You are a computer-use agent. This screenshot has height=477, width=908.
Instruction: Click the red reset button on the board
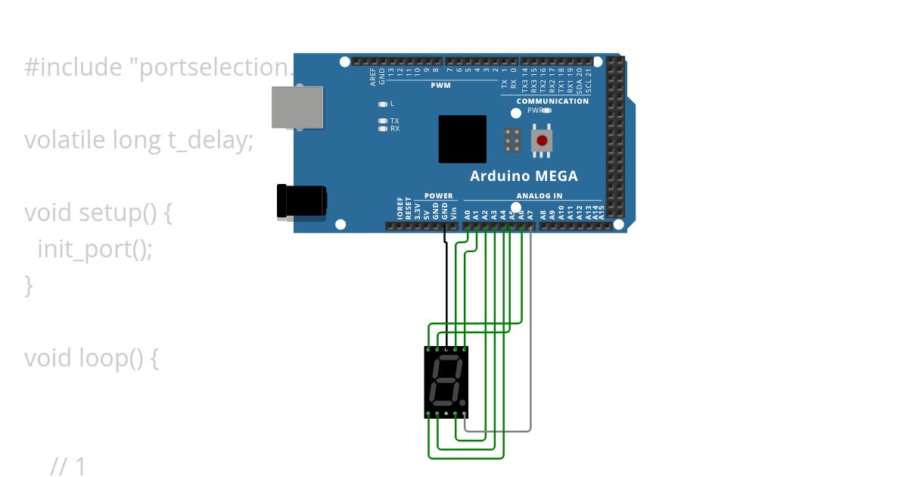(x=541, y=140)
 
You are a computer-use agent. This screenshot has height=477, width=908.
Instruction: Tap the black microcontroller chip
(x=462, y=139)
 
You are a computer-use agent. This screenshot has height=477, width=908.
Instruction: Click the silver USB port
(x=298, y=106)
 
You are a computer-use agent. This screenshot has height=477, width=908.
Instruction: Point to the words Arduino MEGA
(x=524, y=176)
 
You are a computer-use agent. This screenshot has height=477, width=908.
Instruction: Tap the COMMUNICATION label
(x=552, y=101)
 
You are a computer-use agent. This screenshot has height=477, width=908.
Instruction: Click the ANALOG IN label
(x=539, y=196)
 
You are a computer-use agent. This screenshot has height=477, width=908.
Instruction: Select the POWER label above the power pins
(x=438, y=196)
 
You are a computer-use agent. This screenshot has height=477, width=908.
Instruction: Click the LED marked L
(x=383, y=104)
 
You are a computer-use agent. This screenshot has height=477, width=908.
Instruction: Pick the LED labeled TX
(x=383, y=121)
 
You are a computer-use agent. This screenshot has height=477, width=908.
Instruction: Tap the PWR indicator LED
(x=547, y=110)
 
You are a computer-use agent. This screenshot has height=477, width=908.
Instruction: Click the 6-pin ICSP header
(x=512, y=140)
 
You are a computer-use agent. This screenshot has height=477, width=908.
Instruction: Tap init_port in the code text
(x=84, y=249)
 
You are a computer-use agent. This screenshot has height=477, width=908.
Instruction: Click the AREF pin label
(x=373, y=75)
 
